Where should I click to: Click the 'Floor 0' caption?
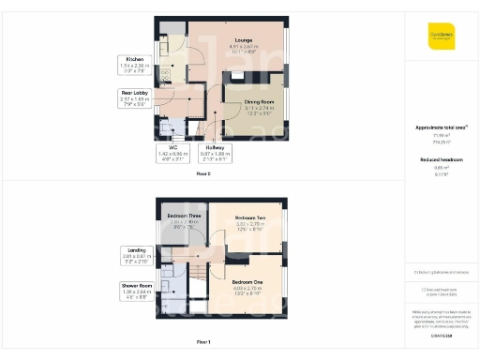[202, 174]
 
